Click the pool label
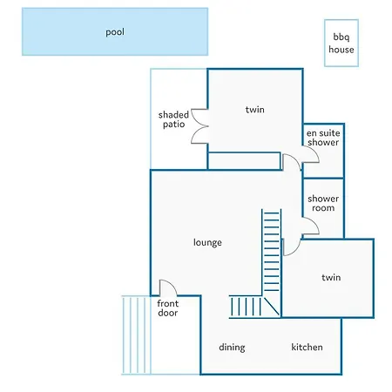115,32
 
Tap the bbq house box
341,43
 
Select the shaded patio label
173,119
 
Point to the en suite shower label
323,138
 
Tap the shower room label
323,203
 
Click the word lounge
207,242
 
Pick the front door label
168,308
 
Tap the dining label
232,348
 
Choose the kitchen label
307,347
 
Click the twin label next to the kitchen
331,278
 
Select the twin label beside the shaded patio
255,110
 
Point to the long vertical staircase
272,251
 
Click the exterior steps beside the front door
137,335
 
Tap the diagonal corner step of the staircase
272,307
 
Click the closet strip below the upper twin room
244,160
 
